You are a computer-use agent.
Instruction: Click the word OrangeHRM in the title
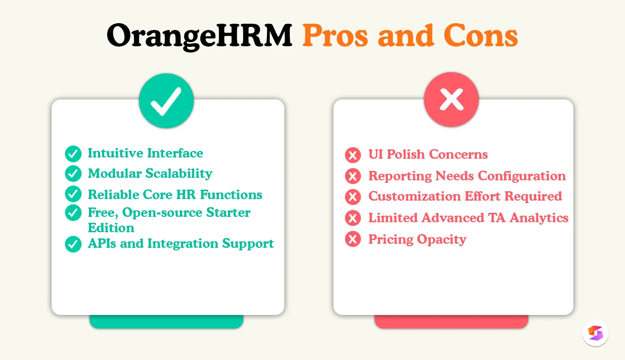199,36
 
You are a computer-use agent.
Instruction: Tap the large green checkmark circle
166,101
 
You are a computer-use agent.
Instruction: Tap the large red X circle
451,100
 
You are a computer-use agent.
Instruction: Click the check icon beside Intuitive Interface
73,154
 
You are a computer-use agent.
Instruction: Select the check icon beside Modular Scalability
73,174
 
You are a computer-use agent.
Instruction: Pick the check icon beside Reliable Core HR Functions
73,194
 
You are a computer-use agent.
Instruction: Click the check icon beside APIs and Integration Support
73,244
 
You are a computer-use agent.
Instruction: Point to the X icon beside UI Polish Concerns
353,155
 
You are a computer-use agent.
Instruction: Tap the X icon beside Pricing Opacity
353,239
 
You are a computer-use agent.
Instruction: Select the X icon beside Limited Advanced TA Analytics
353,218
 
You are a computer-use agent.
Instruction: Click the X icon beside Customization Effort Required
353,197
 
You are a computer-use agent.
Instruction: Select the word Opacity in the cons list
442,240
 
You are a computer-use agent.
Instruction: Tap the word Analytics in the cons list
539,218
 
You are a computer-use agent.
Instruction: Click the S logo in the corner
595,333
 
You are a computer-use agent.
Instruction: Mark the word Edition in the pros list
111,228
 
